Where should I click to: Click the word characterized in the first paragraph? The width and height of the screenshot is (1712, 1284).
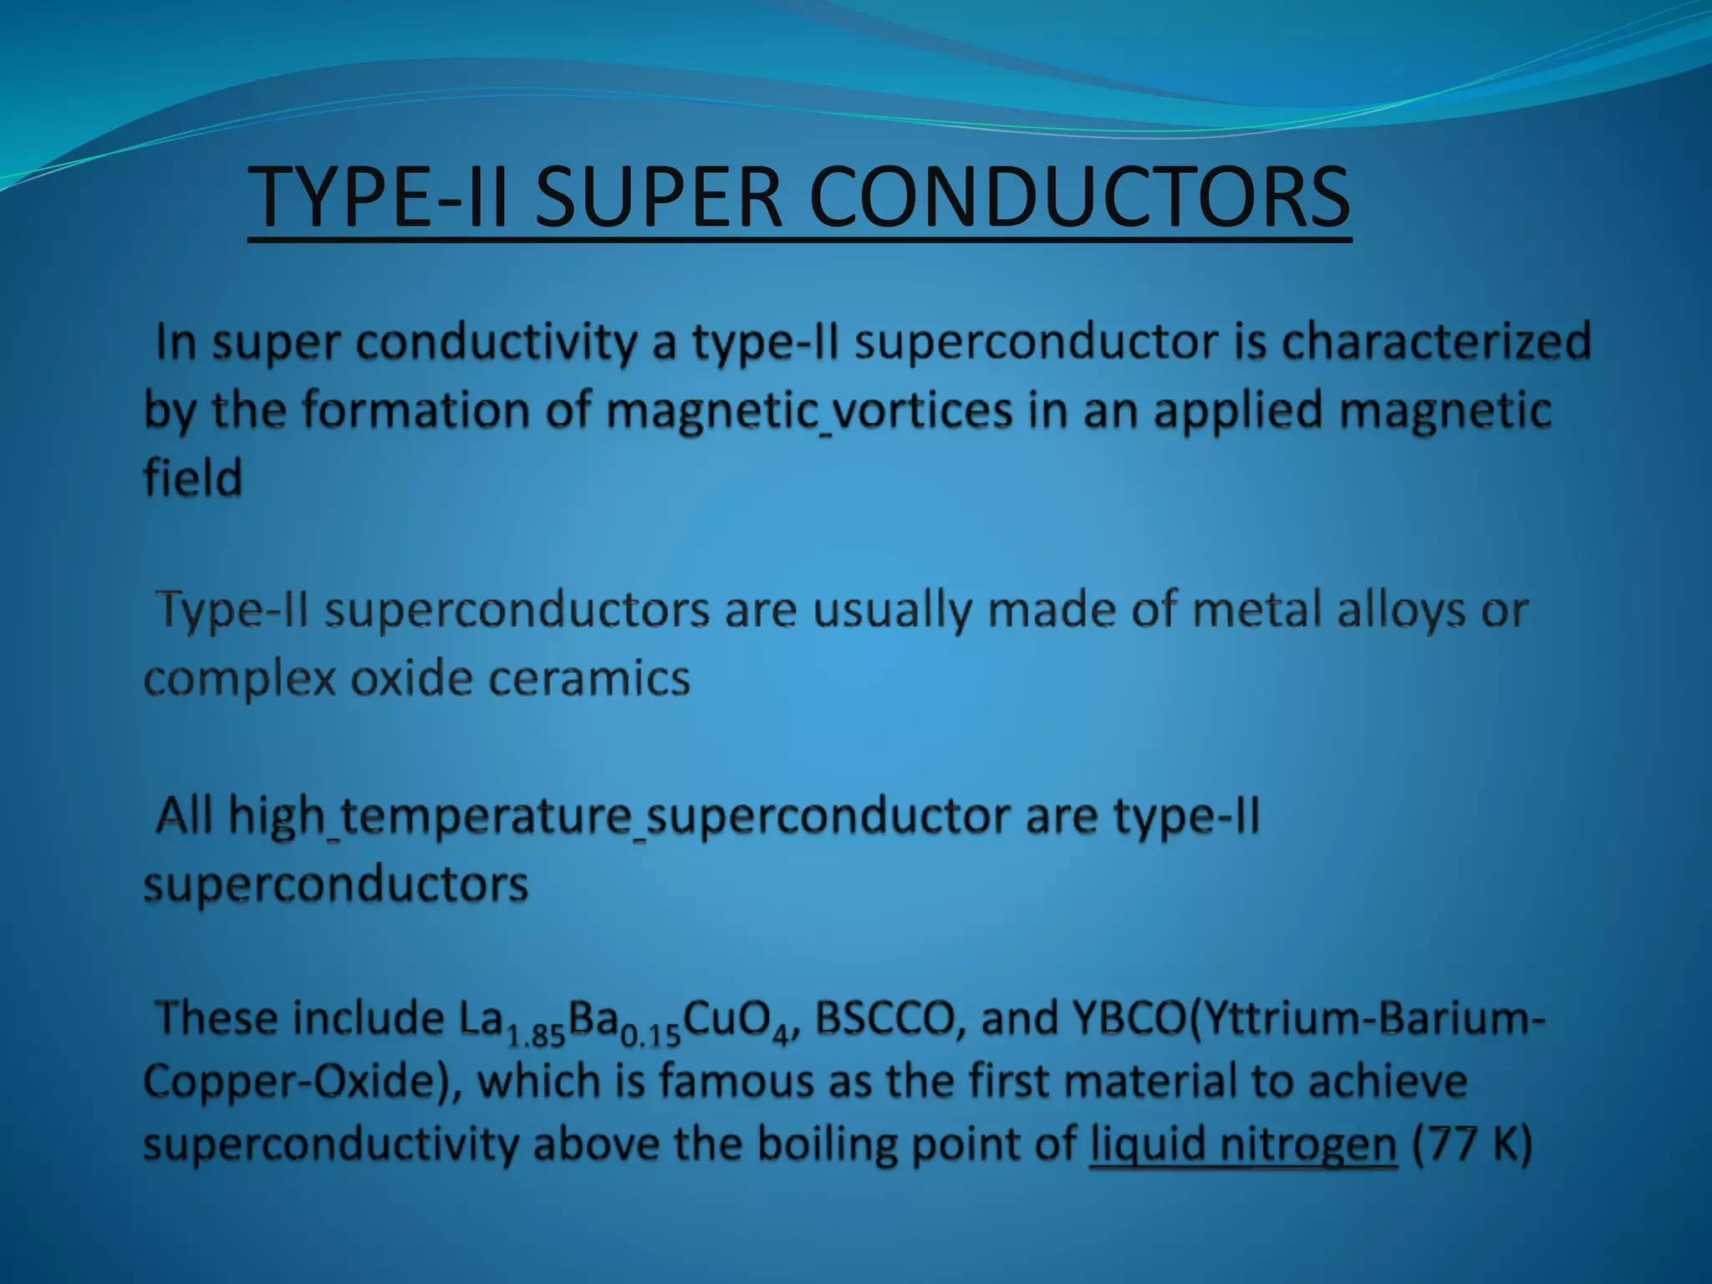[x=1436, y=342]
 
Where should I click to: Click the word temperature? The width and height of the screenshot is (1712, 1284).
[x=486, y=815]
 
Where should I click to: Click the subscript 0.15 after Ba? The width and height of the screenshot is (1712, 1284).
[x=652, y=1037]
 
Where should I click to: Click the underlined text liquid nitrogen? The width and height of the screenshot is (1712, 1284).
[x=1243, y=1144]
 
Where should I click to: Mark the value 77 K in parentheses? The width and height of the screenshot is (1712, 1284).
[x=1471, y=1144]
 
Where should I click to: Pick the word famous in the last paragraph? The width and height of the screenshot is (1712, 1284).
[x=736, y=1081]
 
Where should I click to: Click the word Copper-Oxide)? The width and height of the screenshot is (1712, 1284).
[x=301, y=1081]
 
